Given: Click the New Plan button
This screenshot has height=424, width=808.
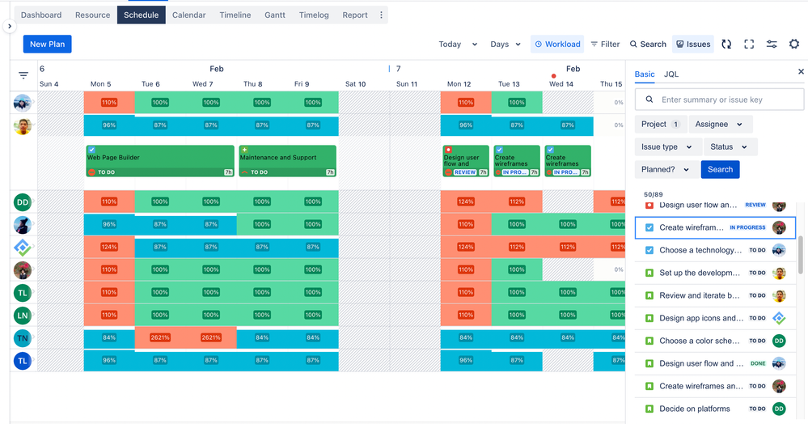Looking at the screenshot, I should tap(47, 44).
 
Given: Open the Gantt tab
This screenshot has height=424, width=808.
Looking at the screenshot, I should tap(275, 15).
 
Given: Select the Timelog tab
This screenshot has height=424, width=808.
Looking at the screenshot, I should tap(314, 15).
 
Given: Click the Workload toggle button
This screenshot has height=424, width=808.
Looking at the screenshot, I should tap(557, 45).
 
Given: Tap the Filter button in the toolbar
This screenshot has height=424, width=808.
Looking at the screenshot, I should tap(605, 45).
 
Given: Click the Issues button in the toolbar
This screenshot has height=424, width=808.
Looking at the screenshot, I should tap(692, 45).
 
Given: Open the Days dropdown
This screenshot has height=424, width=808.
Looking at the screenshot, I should tap(506, 45).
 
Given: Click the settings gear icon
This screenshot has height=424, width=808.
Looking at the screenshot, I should tap(793, 45).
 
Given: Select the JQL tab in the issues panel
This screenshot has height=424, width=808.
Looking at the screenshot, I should tap(671, 74).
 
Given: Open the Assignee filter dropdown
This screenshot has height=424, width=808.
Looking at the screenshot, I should tap(718, 124).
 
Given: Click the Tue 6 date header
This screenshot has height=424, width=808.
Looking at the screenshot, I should tap(150, 84).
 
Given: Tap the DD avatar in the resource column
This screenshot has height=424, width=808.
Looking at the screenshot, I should tap(23, 202).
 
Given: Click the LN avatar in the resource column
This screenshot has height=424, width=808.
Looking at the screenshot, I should tap(23, 316).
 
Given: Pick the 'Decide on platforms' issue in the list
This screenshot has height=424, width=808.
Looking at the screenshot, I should tap(695, 409).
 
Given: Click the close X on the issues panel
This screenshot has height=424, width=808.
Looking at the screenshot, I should tap(801, 72).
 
